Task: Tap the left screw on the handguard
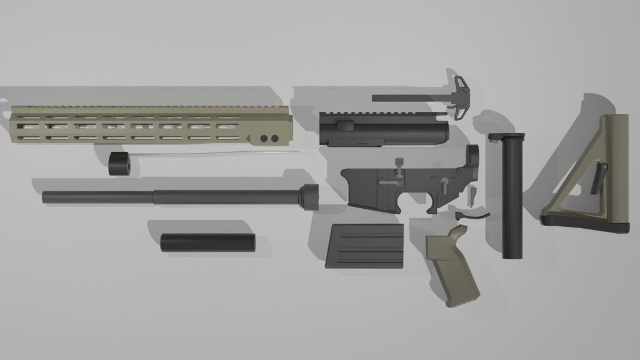point(264,137)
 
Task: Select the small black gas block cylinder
point(119,163)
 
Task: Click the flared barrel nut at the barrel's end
point(309,196)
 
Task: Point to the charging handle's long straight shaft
point(406,97)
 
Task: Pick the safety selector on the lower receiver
point(443,184)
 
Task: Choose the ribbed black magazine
point(365,246)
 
